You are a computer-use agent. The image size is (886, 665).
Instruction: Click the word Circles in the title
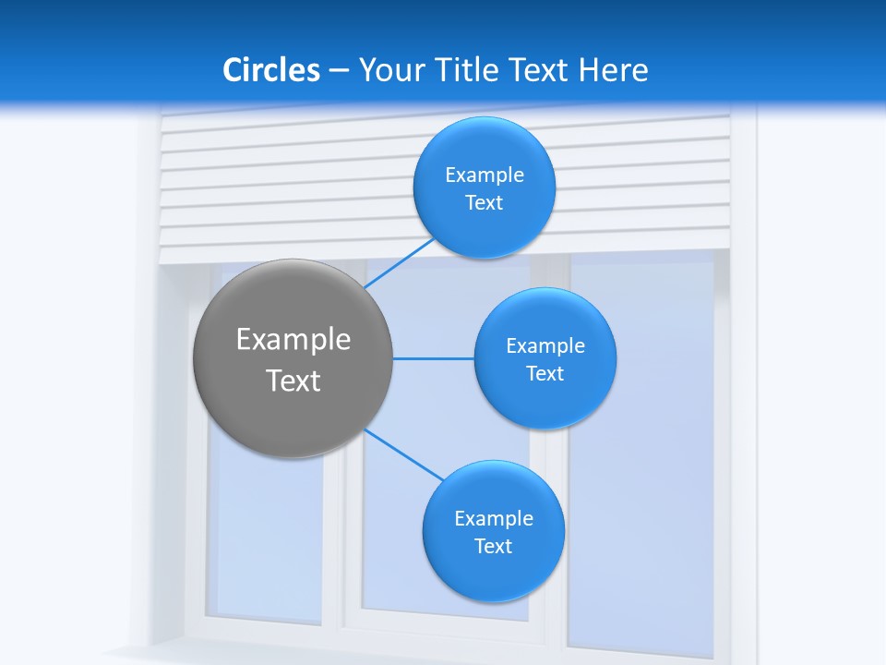click(271, 70)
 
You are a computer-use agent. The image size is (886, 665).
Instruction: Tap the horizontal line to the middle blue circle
click(434, 358)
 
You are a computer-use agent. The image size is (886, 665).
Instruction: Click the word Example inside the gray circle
click(293, 340)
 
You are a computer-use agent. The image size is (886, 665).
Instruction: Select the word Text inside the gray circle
click(293, 381)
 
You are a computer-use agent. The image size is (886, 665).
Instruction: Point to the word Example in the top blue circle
click(485, 175)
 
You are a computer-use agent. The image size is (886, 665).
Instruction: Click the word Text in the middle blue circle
click(545, 374)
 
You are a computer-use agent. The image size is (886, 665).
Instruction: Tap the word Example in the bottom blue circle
click(494, 519)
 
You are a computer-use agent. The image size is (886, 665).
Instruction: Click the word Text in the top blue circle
click(485, 203)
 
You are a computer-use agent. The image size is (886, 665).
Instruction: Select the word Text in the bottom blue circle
click(493, 547)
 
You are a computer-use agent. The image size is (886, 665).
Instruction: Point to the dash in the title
click(339, 70)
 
